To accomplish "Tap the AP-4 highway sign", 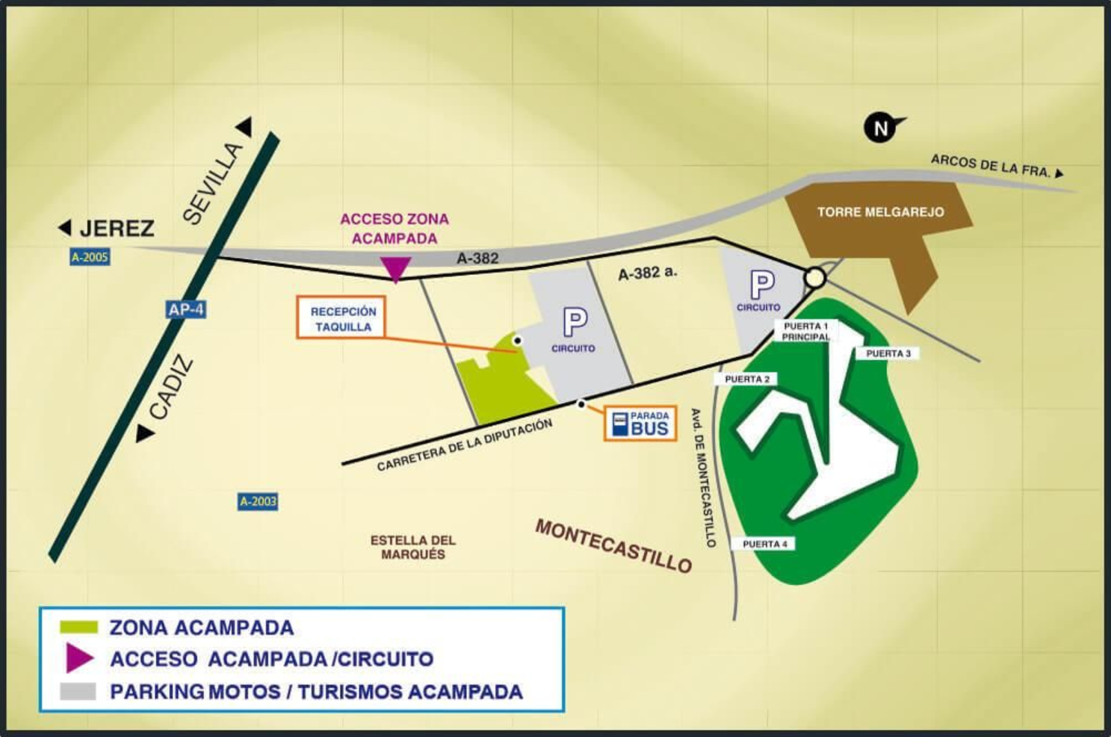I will (186, 309).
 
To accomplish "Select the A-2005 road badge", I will (90, 257).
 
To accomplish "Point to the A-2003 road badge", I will (258, 501).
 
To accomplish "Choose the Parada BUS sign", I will (640, 423).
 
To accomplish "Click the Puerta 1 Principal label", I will (805, 331).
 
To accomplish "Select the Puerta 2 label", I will (746, 379).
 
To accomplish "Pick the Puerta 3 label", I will (888, 353).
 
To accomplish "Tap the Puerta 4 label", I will (765, 544).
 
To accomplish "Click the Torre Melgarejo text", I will (880, 212).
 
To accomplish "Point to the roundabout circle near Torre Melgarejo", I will (815, 278).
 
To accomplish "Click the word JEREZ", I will (117, 228).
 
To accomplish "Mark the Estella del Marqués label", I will (412, 547).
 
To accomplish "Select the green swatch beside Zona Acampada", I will (79, 627).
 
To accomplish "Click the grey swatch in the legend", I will (78, 691).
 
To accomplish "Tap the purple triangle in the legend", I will (79, 658).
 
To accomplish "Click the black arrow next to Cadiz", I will (144, 434).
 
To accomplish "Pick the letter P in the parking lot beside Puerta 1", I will (762, 285).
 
